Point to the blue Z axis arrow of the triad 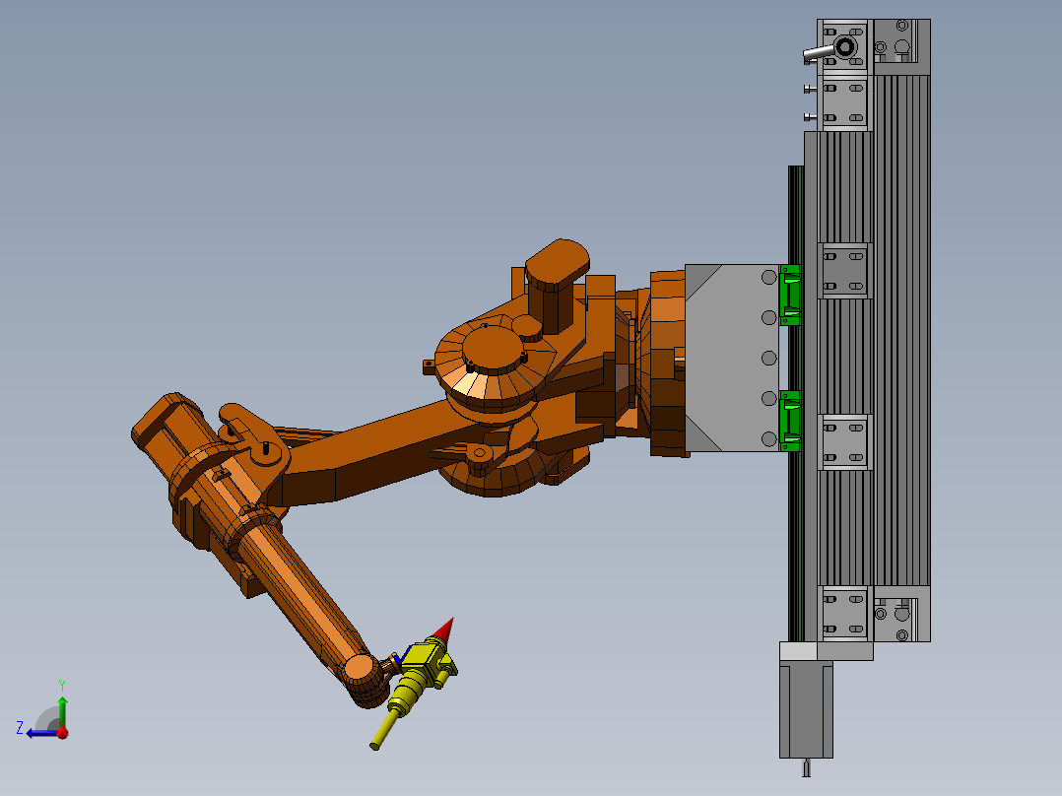(x=42, y=733)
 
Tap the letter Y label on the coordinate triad (x=62, y=685)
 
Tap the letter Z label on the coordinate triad (x=20, y=728)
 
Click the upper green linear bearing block (x=790, y=296)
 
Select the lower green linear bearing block (x=790, y=421)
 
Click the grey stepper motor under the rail (x=806, y=710)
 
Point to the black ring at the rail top (x=845, y=47)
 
